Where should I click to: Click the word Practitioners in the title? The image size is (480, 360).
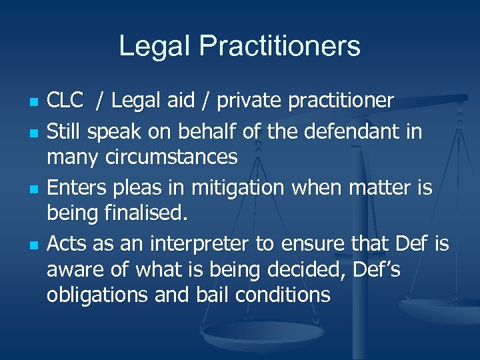tap(279, 47)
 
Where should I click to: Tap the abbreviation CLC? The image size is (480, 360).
tap(65, 101)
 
